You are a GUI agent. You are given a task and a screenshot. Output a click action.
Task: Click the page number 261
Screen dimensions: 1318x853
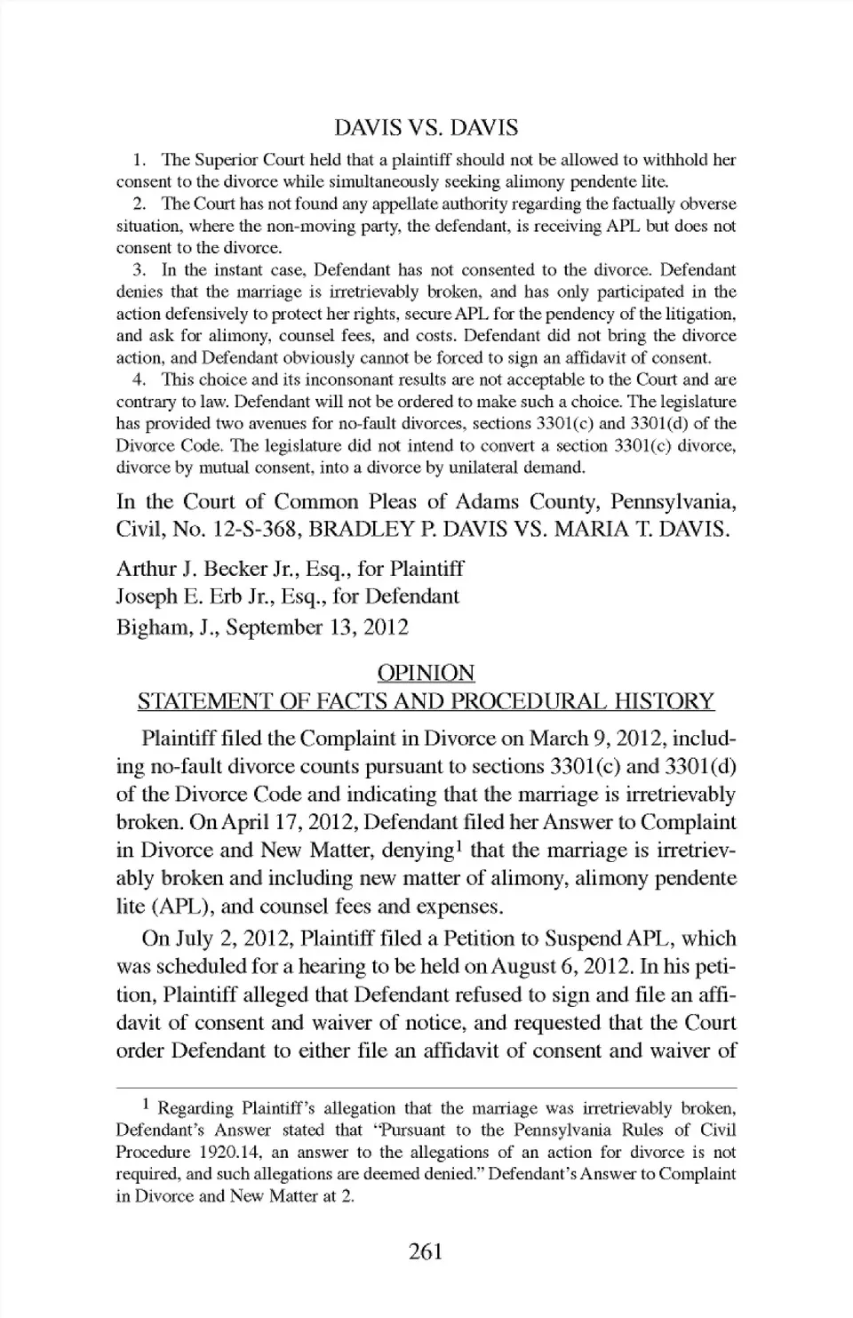click(x=426, y=1252)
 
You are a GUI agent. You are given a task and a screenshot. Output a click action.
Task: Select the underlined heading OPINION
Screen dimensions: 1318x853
click(x=426, y=673)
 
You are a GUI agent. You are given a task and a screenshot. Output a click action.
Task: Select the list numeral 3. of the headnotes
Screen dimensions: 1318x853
click(x=138, y=270)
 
